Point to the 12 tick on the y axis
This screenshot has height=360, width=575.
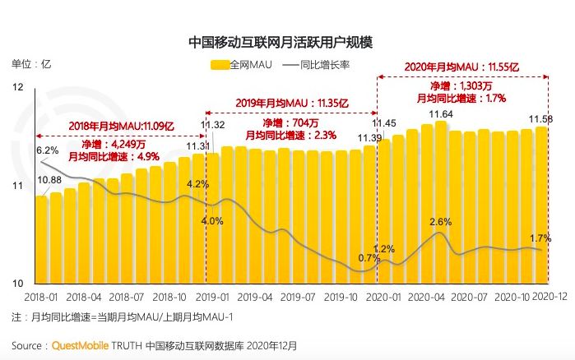(x=18, y=87)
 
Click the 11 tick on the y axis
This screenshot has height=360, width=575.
(x=18, y=186)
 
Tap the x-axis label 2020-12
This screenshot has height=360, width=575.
(x=551, y=296)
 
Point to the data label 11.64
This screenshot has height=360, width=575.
(x=440, y=114)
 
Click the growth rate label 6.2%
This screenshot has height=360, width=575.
(x=47, y=150)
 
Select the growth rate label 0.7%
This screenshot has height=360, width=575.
(x=369, y=257)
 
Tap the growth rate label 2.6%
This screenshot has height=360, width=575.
(x=441, y=222)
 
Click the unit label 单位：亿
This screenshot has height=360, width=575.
(x=30, y=63)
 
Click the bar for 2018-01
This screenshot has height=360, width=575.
(x=40, y=238)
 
